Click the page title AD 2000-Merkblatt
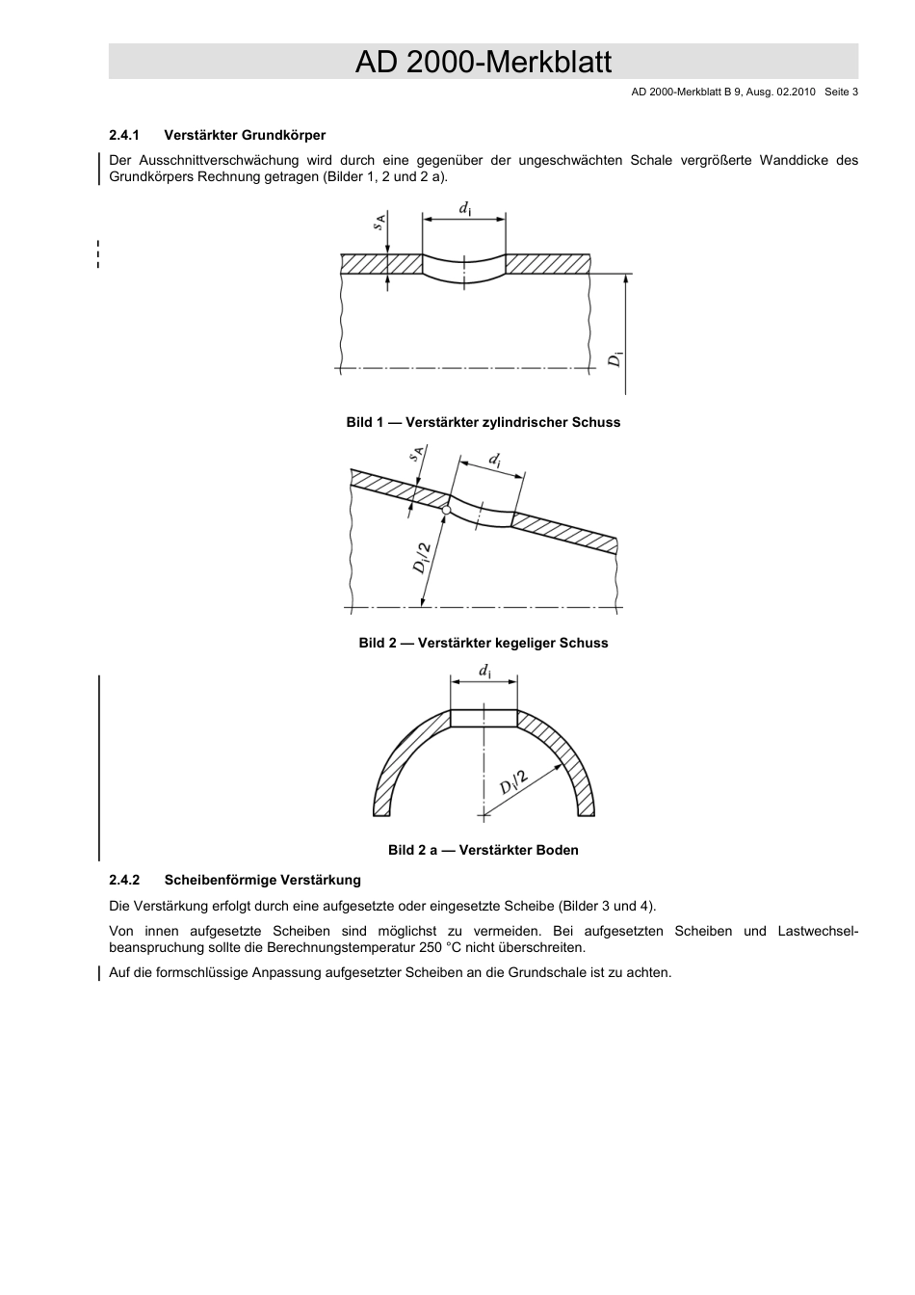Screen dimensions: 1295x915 pos(483,63)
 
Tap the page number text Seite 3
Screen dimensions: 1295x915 pos(841,92)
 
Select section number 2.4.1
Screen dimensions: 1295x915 pos(125,135)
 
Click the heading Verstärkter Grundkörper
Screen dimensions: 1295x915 pos(245,135)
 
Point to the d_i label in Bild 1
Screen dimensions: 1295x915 pos(464,208)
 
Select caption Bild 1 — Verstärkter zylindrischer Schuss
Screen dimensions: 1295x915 pos(483,422)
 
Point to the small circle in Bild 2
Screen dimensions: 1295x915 pos(446,509)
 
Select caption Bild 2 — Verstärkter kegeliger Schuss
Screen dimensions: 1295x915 pos(483,643)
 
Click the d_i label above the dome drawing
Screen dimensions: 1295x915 pos(484,671)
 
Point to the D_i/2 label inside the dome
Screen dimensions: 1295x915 pos(513,781)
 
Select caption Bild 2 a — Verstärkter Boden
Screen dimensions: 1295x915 pos(483,850)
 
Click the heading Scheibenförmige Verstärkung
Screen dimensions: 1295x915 pos(262,880)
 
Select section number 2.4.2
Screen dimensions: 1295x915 pos(125,880)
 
